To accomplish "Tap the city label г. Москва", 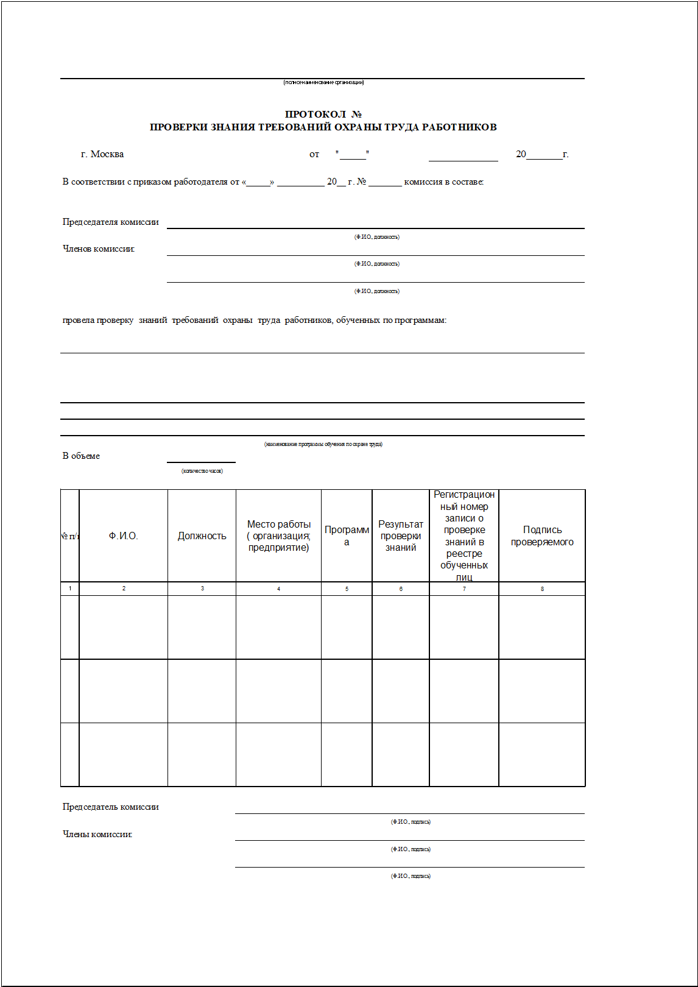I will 102,154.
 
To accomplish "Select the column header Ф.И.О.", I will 124,536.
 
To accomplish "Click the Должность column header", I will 202,536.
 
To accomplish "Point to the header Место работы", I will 278,525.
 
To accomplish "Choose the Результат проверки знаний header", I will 401,536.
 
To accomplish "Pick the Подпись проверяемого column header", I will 542,536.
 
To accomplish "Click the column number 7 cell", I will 464,589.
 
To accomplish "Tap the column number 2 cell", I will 124,589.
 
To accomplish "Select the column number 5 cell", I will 347,589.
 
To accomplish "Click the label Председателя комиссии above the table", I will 110,222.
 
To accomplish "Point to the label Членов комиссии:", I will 99,249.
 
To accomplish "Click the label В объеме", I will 81,456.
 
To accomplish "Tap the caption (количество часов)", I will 202,471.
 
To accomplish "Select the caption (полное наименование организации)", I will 323,82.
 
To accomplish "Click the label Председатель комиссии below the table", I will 110,807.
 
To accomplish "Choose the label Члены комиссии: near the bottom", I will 97,834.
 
